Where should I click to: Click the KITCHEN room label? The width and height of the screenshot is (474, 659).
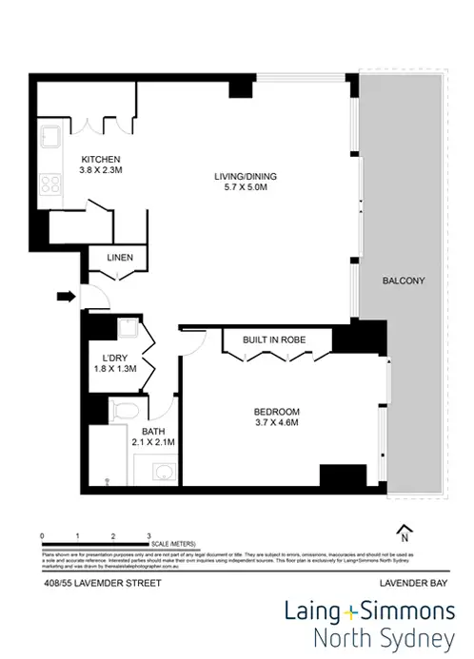[x=99, y=158]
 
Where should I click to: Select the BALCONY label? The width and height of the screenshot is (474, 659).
[x=403, y=281]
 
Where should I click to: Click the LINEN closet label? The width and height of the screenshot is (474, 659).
[x=119, y=259]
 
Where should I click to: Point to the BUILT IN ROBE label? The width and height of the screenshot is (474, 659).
[x=277, y=339]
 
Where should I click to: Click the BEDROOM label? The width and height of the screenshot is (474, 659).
[x=277, y=411]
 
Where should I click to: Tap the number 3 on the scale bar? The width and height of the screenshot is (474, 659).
[x=148, y=536]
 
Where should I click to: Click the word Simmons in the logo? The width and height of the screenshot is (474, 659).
[x=402, y=610]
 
